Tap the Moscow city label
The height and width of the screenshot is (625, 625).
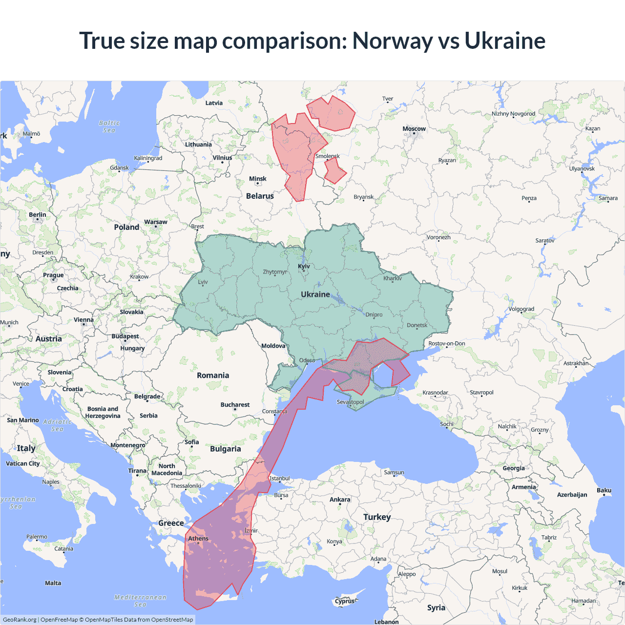click(414, 129)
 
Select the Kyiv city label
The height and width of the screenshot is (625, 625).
click(304, 266)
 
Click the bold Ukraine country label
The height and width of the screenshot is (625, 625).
click(315, 294)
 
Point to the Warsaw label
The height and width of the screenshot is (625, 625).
click(155, 222)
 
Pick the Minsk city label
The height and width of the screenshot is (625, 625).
click(257, 179)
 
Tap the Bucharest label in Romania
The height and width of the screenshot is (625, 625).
click(235, 405)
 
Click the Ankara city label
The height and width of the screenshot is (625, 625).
click(340, 500)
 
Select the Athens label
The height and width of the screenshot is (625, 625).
click(198, 539)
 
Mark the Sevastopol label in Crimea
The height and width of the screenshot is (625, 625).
click(350, 402)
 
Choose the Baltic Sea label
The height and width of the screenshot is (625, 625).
click(109, 126)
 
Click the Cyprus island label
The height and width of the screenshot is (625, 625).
click(345, 601)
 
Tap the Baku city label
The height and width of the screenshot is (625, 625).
click(604, 490)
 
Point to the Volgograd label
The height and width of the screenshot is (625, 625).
click(521, 309)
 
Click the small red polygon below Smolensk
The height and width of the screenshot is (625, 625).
click(334, 171)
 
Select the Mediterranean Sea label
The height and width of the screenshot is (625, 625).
click(140, 601)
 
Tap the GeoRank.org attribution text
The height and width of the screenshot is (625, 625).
click(20, 620)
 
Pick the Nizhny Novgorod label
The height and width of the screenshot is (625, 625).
click(513, 114)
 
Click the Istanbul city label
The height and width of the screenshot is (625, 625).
click(280, 479)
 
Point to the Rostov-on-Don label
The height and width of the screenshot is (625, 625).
click(446, 344)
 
